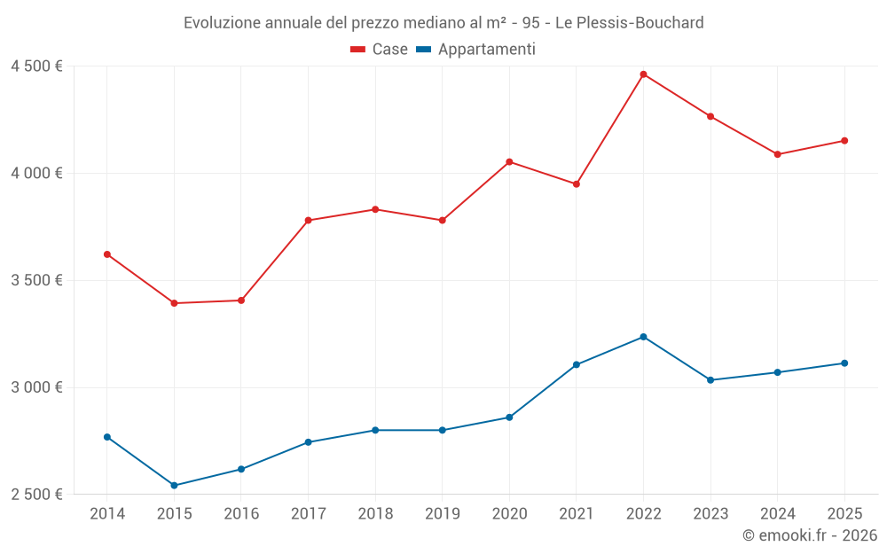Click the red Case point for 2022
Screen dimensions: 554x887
643,74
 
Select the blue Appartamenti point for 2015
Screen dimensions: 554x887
174,486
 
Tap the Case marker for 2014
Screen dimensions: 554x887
107,254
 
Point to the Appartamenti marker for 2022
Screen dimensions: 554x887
643,337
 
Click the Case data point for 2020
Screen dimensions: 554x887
509,161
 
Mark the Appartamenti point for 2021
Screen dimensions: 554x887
577,364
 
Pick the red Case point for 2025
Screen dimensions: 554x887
844,141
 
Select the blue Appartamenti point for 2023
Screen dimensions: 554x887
710,380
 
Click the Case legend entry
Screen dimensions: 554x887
380,50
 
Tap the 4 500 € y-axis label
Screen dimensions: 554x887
36,66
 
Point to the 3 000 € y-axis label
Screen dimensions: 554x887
36,387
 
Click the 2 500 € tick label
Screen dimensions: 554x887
36,495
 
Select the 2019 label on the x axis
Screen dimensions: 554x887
442,513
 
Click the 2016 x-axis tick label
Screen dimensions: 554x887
241,513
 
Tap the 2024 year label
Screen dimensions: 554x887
777,513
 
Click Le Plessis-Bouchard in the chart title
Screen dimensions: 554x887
629,22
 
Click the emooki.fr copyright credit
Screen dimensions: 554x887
810,535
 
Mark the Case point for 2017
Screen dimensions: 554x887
308,221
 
